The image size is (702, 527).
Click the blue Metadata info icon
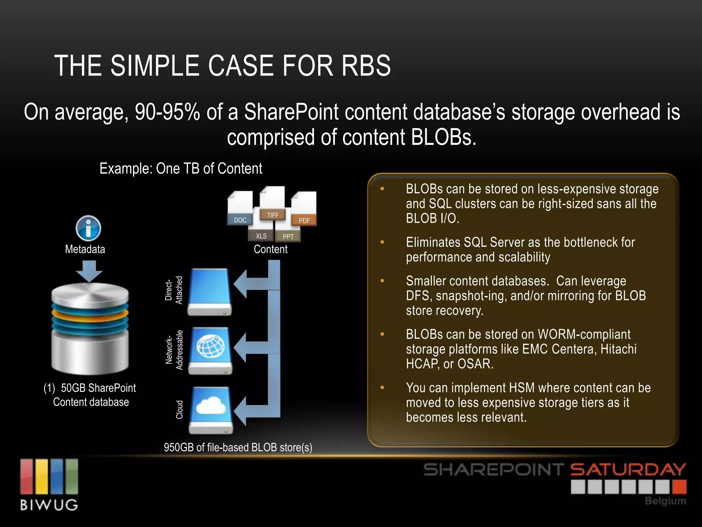[x=88, y=228]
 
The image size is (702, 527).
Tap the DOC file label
[x=240, y=220]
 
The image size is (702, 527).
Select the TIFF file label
[x=273, y=215]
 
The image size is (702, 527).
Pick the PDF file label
[x=304, y=220]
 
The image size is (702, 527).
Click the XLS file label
[x=261, y=236]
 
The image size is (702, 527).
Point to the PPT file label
[x=288, y=236]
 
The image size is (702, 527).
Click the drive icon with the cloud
[x=210, y=410]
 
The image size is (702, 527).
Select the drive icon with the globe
[x=210, y=350]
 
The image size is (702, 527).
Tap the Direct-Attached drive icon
[x=209, y=292]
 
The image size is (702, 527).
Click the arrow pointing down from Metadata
[x=89, y=271]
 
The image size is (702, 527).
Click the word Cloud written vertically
[x=179, y=409]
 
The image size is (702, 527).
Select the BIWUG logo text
[x=49, y=505]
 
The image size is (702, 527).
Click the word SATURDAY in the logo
[x=628, y=470]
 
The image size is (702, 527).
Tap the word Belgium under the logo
[x=665, y=501]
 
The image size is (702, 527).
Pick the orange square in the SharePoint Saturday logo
[x=679, y=487]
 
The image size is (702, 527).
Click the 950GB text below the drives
[x=179, y=447]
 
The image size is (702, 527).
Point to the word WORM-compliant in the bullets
[x=584, y=334]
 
